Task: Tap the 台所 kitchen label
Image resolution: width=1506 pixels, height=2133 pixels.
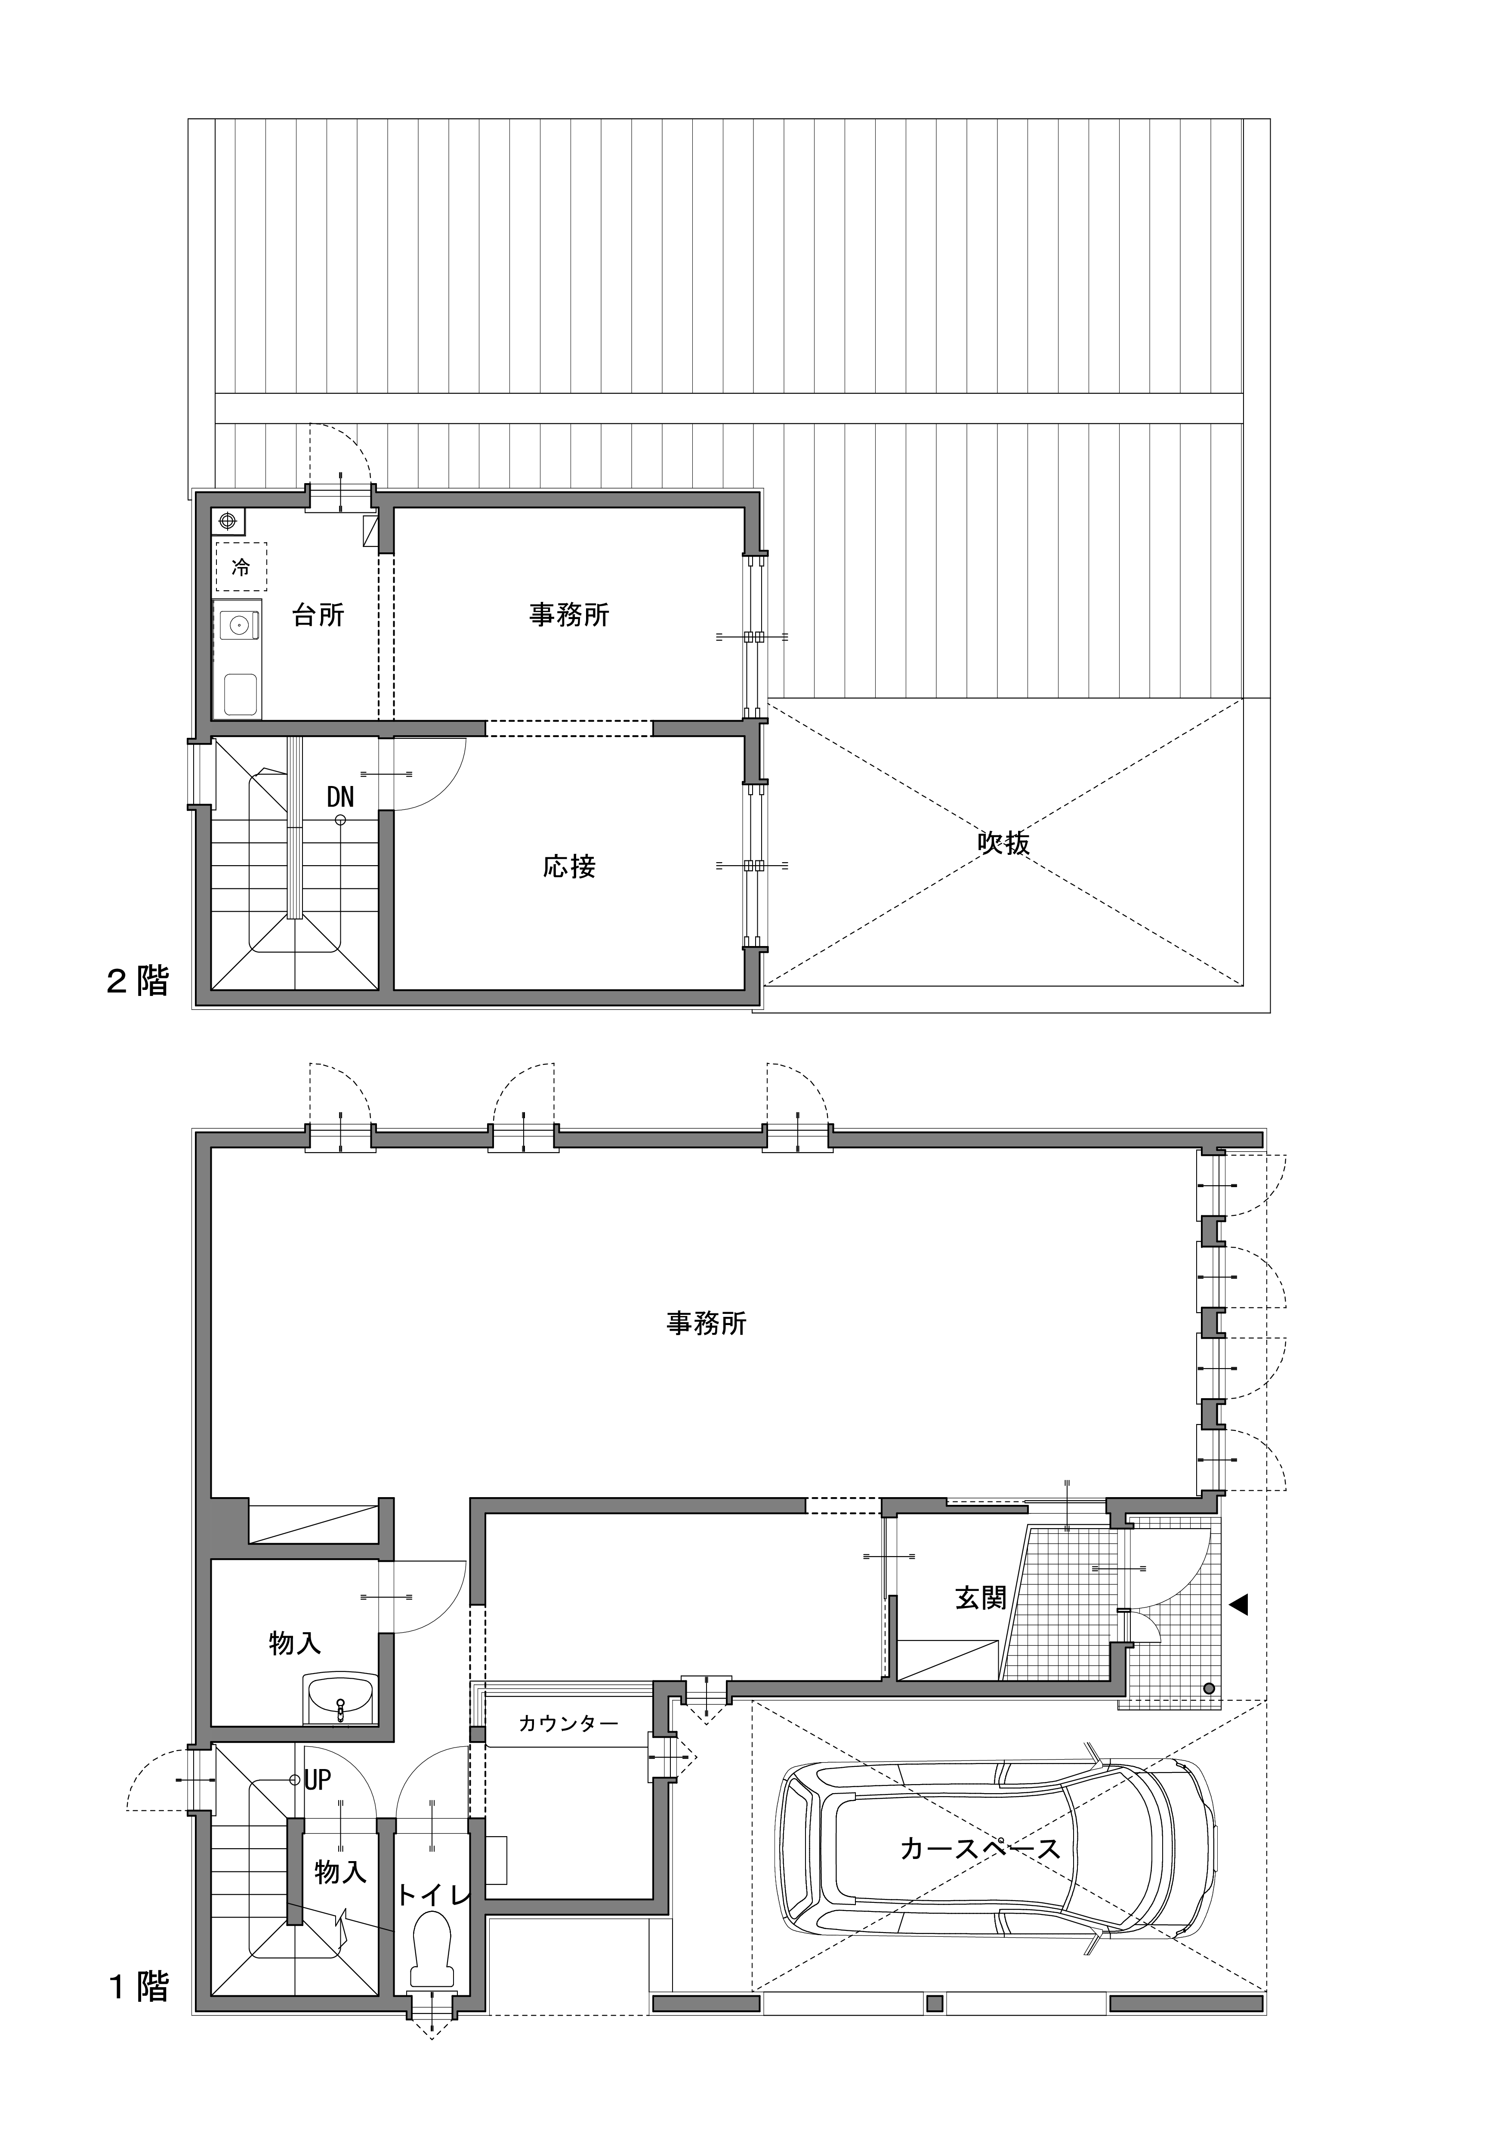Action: (319, 615)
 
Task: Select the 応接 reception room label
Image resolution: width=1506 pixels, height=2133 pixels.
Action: (570, 867)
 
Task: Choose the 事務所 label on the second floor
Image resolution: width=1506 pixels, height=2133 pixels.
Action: (570, 615)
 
